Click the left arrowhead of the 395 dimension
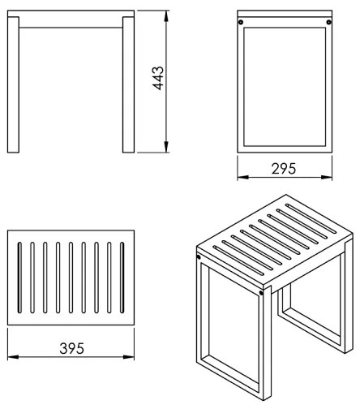[10, 358]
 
